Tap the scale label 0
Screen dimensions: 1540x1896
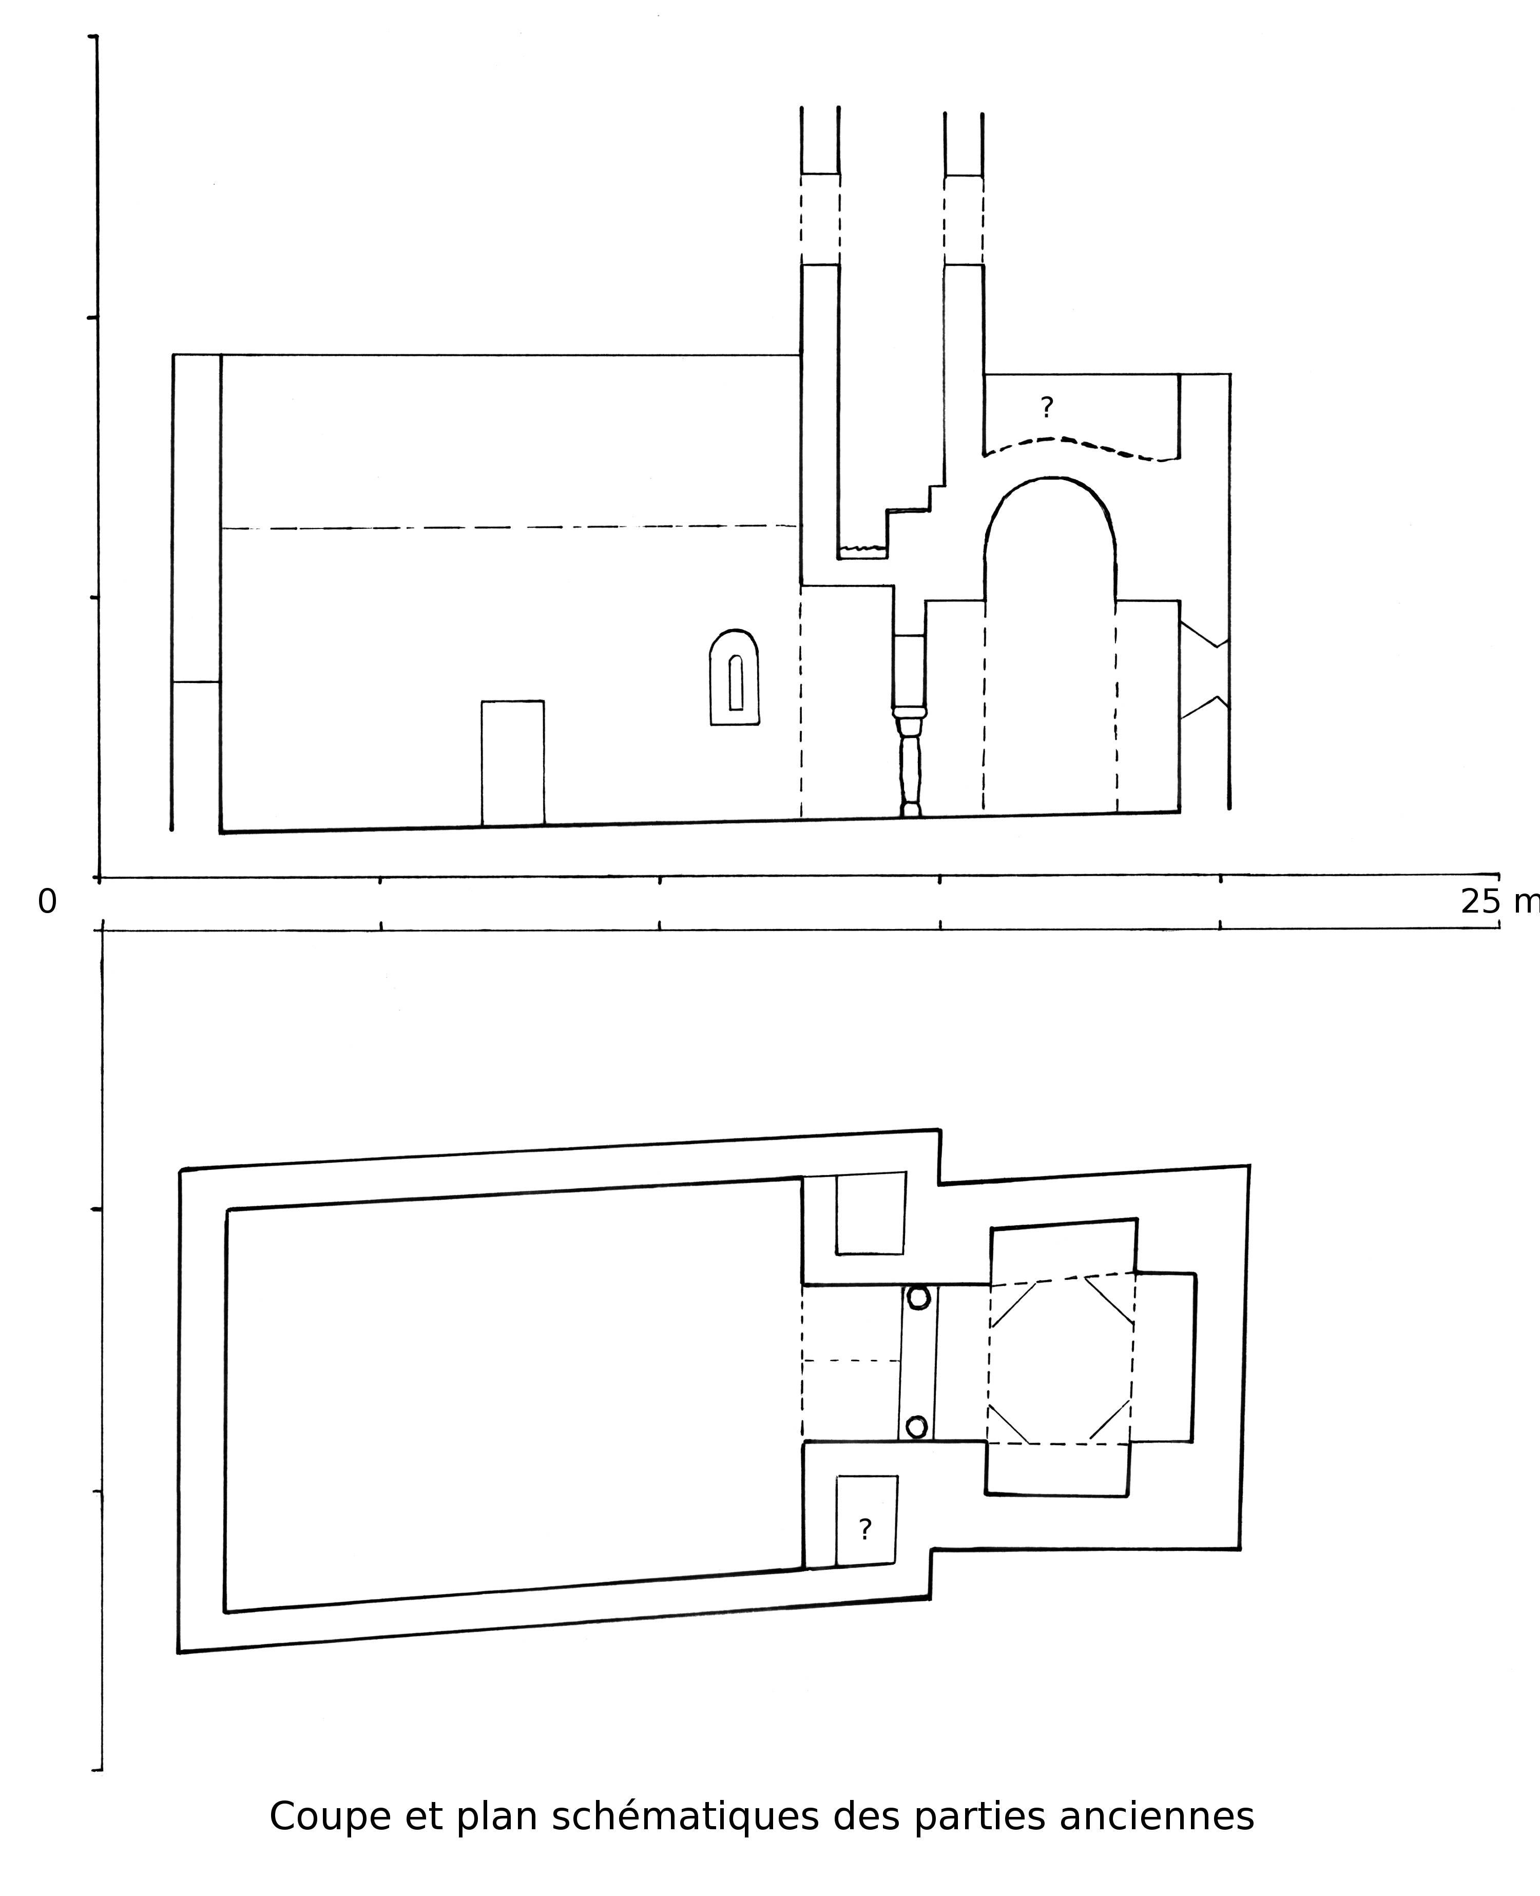coord(47,902)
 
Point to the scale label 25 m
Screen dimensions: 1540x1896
coord(1499,902)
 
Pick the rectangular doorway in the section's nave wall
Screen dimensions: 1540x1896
coord(513,763)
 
